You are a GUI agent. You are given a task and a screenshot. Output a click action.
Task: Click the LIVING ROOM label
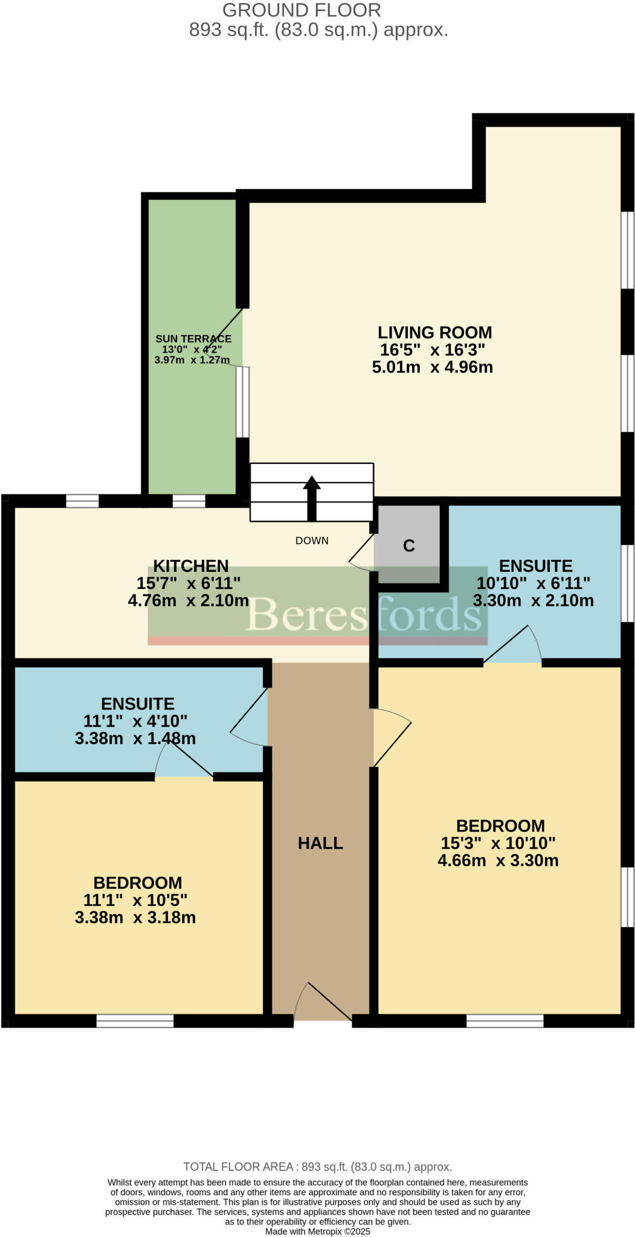(x=434, y=332)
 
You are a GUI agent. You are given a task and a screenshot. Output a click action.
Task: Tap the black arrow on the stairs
(x=312, y=498)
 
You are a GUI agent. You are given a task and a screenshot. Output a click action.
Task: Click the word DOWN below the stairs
(x=312, y=541)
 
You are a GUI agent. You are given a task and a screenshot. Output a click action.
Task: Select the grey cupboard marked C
(x=408, y=545)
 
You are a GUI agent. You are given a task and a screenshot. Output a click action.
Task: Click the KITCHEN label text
(x=190, y=566)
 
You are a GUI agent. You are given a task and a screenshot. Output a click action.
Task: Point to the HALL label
(x=320, y=843)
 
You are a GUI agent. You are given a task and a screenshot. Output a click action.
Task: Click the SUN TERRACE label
(x=193, y=339)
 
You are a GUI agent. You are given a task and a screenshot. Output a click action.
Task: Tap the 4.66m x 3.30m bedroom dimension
(x=498, y=860)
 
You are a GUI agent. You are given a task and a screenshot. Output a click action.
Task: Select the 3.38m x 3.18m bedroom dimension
(x=135, y=917)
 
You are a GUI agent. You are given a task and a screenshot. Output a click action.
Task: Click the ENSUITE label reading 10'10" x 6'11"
(x=535, y=566)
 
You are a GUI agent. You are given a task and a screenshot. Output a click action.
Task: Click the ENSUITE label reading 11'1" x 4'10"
(x=138, y=704)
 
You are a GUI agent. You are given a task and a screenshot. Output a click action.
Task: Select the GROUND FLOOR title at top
(x=301, y=10)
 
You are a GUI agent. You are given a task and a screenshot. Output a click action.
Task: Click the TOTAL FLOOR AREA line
(x=317, y=1167)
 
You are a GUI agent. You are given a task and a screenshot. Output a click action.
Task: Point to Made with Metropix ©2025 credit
(x=317, y=1231)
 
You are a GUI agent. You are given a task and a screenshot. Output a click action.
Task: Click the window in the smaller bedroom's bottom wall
(x=135, y=1021)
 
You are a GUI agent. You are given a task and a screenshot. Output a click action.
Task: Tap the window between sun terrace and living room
(x=242, y=402)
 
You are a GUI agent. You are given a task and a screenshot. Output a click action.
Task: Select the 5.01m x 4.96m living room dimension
(x=432, y=367)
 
